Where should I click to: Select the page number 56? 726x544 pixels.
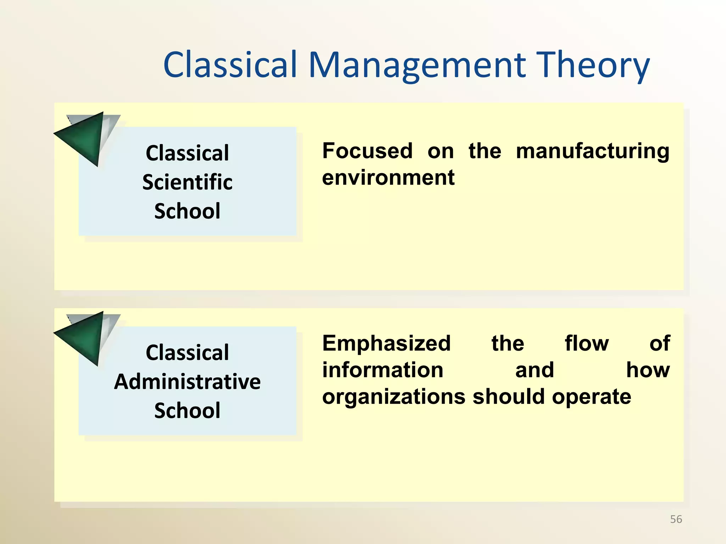pyautogui.click(x=676, y=519)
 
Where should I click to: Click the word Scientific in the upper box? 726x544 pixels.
pyautogui.click(x=187, y=182)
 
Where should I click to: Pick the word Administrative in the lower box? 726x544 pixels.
pyautogui.click(x=187, y=382)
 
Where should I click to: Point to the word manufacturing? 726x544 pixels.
pyautogui.click(x=592, y=151)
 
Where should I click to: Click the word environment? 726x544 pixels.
pyautogui.click(x=388, y=178)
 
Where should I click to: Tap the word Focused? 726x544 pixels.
pyautogui.click(x=368, y=151)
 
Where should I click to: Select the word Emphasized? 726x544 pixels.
pyautogui.click(x=386, y=344)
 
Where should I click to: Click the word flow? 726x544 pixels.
pyautogui.click(x=587, y=344)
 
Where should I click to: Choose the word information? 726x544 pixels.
pyautogui.click(x=383, y=370)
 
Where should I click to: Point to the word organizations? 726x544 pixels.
pyautogui.click(x=393, y=397)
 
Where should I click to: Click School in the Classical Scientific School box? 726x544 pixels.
pyautogui.click(x=187, y=211)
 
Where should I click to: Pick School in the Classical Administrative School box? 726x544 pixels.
pyautogui.click(x=187, y=411)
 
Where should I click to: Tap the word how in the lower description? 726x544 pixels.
pyautogui.click(x=648, y=370)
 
